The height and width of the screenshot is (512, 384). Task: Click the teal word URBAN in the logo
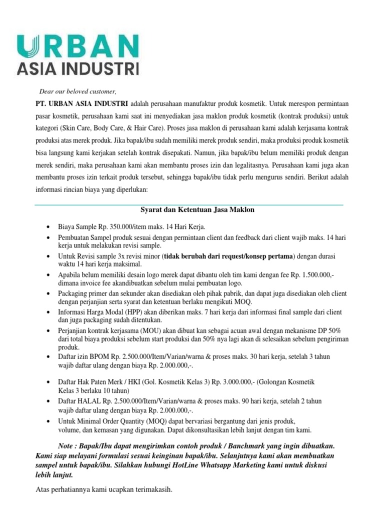coord(77,46)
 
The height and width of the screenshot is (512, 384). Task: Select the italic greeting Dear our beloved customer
coord(77,91)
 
